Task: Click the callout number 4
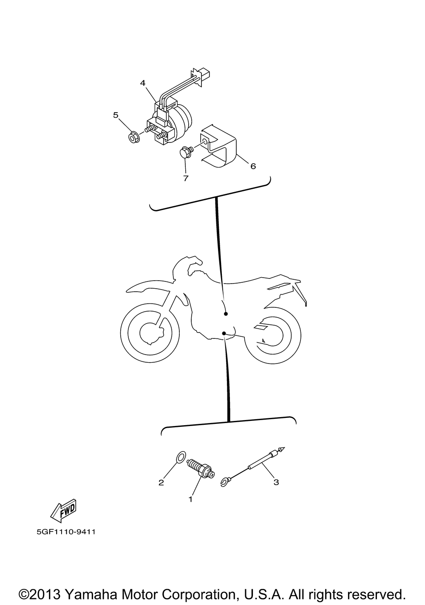pos(143,82)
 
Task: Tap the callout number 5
pos(116,115)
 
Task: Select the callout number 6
pos(253,166)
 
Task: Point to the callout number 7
pos(186,178)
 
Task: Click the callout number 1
pos(190,500)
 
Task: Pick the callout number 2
pos(161,483)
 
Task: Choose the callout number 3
pos(276,482)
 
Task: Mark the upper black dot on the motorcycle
pos(226,314)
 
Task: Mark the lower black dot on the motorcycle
pos(224,334)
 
